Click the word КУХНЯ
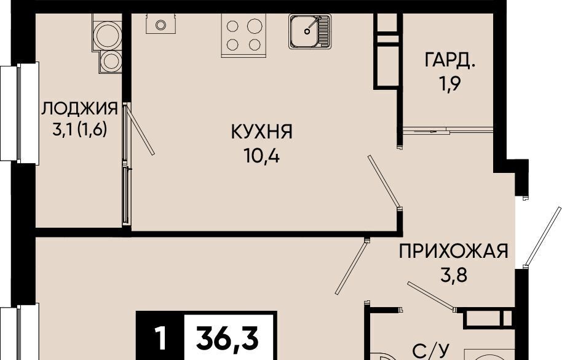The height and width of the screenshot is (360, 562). (x=262, y=132)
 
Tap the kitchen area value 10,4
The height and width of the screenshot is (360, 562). (x=261, y=156)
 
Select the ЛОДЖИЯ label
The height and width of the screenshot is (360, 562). (x=79, y=108)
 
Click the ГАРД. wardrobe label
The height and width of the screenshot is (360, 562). (x=450, y=60)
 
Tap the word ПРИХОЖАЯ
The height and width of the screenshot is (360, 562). (x=453, y=251)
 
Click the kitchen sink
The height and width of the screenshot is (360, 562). (x=310, y=31)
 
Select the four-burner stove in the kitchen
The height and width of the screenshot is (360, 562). (x=243, y=35)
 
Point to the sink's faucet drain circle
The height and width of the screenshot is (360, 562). (x=307, y=31)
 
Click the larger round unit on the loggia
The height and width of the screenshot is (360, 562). (x=107, y=35)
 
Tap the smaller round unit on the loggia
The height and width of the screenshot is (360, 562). (x=111, y=61)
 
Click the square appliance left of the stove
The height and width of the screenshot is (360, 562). (x=160, y=23)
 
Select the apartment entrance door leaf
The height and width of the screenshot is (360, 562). (x=543, y=237)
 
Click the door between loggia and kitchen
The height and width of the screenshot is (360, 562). (x=140, y=129)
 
